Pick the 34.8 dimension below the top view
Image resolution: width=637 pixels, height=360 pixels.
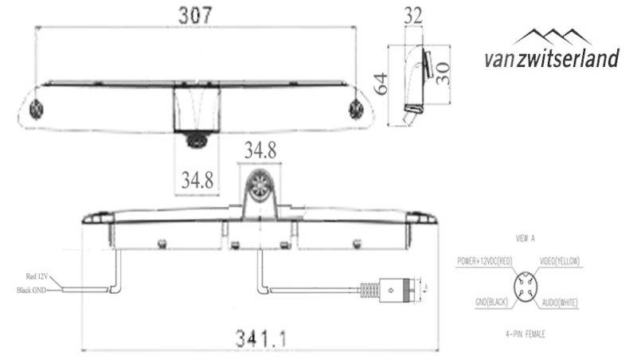(x=197, y=181)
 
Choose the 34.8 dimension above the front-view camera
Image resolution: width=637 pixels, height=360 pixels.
(x=260, y=148)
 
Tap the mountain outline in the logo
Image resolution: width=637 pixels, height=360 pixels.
(x=553, y=35)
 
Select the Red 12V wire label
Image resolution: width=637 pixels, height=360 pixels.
(x=36, y=276)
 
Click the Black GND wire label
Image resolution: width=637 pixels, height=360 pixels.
(x=33, y=290)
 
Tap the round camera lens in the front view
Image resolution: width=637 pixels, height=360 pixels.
(x=260, y=186)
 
